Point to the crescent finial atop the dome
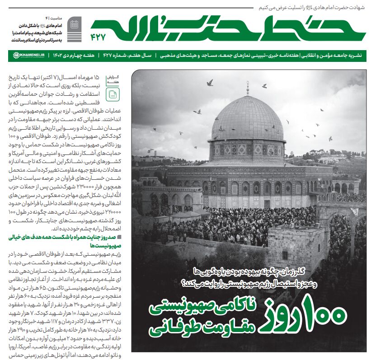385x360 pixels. [248, 85]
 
